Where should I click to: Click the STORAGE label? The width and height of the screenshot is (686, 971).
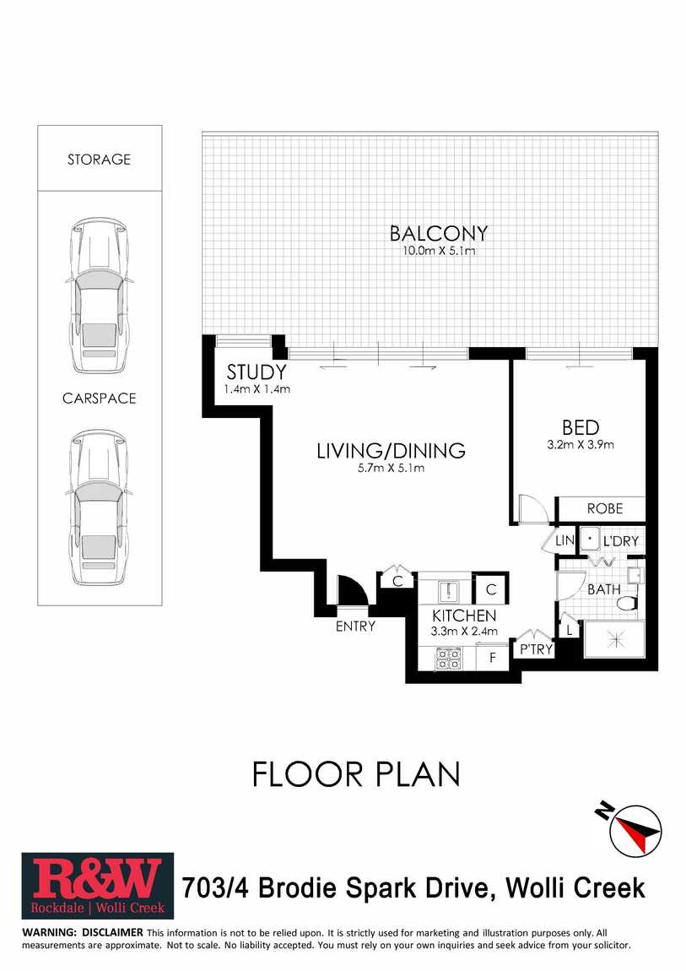(x=99, y=159)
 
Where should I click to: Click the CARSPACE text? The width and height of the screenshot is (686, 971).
(x=99, y=399)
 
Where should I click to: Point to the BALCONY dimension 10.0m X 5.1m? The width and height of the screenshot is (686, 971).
(x=439, y=251)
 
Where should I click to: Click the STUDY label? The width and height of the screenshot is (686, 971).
(x=257, y=372)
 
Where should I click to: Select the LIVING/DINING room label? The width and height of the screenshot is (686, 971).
(x=391, y=450)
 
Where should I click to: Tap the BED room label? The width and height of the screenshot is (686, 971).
(x=581, y=428)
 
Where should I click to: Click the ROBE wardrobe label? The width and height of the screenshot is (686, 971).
(x=605, y=508)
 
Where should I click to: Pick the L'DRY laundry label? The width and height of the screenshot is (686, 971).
(x=620, y=541)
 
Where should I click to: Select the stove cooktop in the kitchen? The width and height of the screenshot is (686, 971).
(x=449, y=659)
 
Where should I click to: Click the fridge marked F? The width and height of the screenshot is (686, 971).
(x=493, y=658)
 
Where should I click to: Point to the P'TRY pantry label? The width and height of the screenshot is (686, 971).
(x=536, y=649)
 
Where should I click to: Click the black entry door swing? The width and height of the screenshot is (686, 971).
(x=352, y=590)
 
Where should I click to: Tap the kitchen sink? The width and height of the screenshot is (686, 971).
(x=447, y=592)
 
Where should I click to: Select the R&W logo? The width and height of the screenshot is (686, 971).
(x=98, y=887)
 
